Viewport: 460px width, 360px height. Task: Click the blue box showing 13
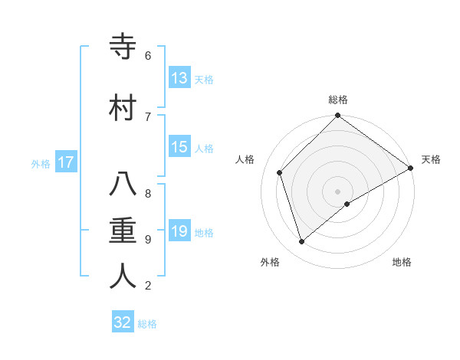(x=179, y=78)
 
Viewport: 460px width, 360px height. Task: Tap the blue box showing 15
(x=179, y=147)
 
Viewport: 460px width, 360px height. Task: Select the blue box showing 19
(x=179, y=231)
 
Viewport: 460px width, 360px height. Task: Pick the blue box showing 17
(x=66, y=162)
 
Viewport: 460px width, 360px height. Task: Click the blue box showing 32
(x=123, y=322)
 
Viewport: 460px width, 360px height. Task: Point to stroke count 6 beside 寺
(x=148, y=55)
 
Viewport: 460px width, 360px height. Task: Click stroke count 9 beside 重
(x=148, y=239)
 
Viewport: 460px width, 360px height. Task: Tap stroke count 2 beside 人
(x=148, y=286)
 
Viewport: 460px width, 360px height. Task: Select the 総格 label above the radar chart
(x=338, y=100)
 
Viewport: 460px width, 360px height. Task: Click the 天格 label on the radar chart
(x=431, y=159)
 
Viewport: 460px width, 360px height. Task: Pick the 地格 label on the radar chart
(x=402, y=262)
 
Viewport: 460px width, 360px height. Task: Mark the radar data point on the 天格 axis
(x=410, y=168)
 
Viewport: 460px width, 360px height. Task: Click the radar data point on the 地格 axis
(x=347, y=204)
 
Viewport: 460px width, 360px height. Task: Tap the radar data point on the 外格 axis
(x=302, y=241)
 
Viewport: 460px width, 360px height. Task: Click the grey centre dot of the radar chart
(x=338, y=191)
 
